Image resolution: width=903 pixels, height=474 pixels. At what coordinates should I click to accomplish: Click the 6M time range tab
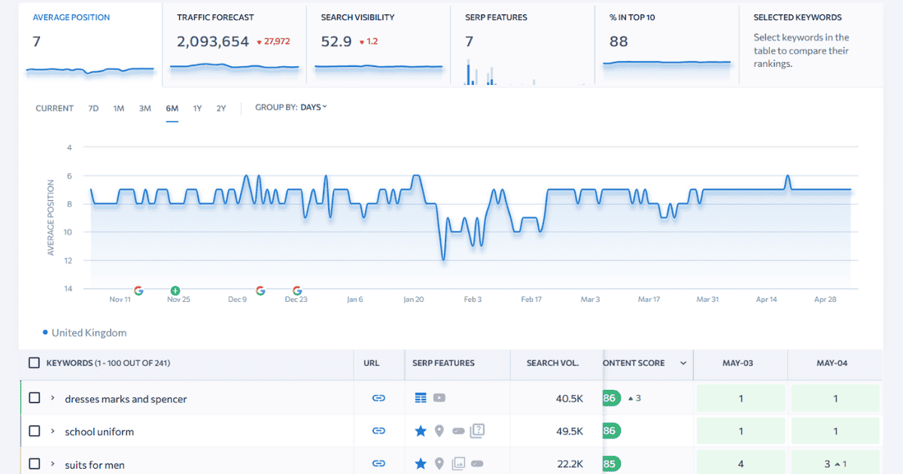click(x=172, y=108)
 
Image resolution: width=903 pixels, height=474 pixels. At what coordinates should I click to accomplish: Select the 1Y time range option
click(x=197, y=108)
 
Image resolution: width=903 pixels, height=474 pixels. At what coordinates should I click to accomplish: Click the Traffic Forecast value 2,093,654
click(x=213, y=42)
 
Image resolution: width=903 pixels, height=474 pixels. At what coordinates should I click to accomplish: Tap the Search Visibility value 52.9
click(x=336, y=42)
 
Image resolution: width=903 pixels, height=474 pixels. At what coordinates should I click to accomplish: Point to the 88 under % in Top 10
click(x=619, y=42)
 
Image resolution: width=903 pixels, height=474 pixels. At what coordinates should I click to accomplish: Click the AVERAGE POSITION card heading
click(x=71, y=17)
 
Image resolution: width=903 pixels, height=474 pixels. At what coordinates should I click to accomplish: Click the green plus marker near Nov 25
click(x=175, y=290)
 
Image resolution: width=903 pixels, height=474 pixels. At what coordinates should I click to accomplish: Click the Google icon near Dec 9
click(x=260, y=290)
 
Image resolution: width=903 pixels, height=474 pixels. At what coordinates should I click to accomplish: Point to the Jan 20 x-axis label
click(x=414, y=299)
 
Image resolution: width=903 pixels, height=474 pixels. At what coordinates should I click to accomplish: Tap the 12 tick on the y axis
click(x=69, y=260)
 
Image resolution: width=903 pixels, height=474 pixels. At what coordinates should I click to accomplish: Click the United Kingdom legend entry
click(x=89, y=333)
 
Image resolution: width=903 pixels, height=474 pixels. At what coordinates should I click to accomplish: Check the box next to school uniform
click(x=35, y=431)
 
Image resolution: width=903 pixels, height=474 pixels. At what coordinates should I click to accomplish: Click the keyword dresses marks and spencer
click(x=126, y=399)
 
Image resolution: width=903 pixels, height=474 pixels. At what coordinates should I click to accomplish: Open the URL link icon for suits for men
click(x=379, y=464)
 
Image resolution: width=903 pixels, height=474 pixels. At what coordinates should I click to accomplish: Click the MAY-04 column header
click(x=832, y=363)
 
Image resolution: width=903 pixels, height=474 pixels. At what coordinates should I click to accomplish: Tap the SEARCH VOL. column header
click(x=552, y=363)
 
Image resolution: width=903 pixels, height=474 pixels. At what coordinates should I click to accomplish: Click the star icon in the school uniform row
click(x=421, y=431)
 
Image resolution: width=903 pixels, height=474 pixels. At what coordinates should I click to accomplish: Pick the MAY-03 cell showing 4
click(x=740, y=464)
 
